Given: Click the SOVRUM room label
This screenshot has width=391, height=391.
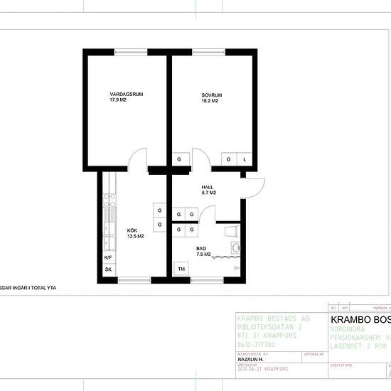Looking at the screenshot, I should click(x=212, y=95).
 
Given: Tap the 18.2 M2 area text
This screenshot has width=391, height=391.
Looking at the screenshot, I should click(x=209, y=101).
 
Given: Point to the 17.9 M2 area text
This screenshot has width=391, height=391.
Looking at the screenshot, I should click(x=117, y=101).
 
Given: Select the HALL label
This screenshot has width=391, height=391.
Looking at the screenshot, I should click(x=208, y=186).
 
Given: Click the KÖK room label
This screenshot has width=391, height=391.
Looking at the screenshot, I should click(x=132, y=230).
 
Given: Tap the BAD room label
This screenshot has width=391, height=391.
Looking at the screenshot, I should click(x=200, y=247).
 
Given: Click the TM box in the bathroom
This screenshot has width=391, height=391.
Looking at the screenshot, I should click(x=182, y=268).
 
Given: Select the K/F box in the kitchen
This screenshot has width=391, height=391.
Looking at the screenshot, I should click(x=109, y=257).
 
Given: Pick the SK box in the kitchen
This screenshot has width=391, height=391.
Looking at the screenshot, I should click(x=109, y=270).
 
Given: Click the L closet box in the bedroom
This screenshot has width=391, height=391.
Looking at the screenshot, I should click(x=245, y=159).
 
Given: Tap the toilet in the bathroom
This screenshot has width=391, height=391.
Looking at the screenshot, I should click(x=232, y=232).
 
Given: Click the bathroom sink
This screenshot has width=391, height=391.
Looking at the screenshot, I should click(x=236, y=247).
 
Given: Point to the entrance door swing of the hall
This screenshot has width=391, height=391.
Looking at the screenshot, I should click(x=255, y=186).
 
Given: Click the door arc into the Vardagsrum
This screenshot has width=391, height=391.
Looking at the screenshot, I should click(x=139, y=158).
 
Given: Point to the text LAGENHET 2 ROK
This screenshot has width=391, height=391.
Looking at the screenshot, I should click(x=360, y=345).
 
